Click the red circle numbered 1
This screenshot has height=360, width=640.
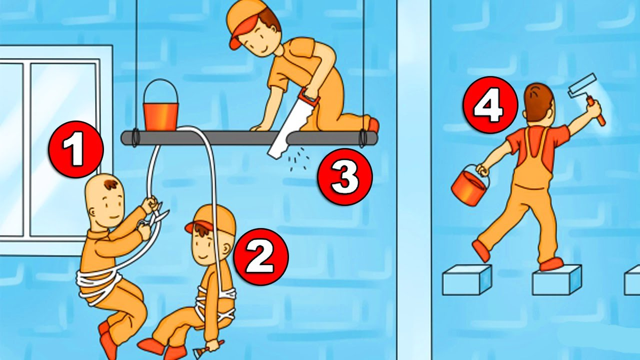[x=76, y=149]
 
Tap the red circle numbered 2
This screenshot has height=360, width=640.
[x=261, y=257]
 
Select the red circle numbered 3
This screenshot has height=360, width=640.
[x=346, y=177]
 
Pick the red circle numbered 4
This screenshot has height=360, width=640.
[x=491, y=105]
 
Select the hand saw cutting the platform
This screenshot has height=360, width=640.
[x=294, y=123]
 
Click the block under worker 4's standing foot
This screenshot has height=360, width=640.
[x=557, y=279]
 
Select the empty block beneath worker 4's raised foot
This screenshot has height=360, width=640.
[x=467, y=279]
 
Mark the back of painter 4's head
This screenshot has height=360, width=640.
[x=539, y=103]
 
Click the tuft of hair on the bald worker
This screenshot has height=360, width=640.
[x=111, y=185]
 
